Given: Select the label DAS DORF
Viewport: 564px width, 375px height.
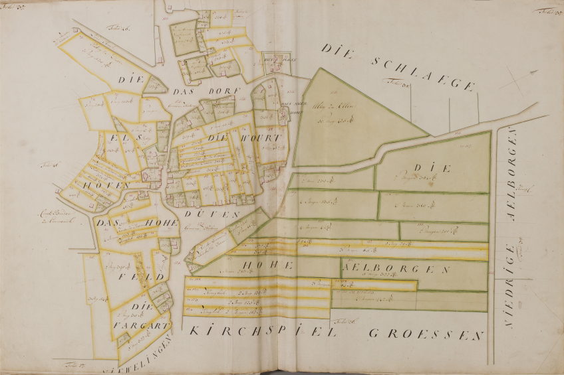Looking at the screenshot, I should point(190,92).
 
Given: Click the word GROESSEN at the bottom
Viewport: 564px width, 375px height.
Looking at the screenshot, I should point(425,334).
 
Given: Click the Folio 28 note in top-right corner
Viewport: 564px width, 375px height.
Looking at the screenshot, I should point(547,9).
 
